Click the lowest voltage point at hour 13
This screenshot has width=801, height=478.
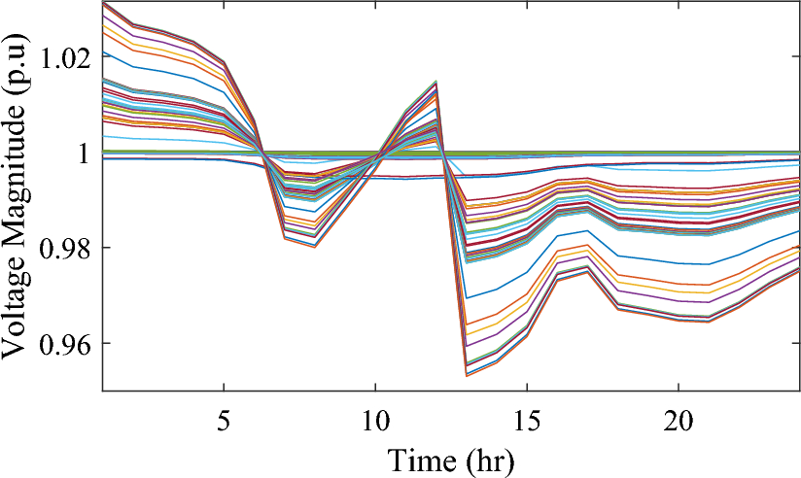pos(467,375)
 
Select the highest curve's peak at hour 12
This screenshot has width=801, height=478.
pos(435,81)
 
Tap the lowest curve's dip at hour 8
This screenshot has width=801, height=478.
pos(315,247)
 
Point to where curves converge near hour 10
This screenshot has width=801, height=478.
pos(381,154)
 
